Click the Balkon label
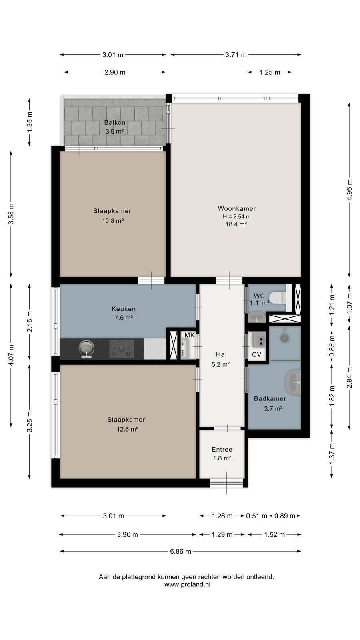coord(114,122)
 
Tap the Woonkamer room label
coord(236,208)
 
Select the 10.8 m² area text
coord(113,221)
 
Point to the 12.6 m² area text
coord(127,429)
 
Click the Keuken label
coord(124,309)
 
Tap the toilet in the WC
coord(278,298)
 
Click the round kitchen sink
coord(86,348)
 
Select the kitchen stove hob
coord(122,349)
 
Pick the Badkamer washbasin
coord(294,382)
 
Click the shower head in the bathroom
coord(284,338)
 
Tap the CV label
coord(256,354)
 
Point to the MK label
coord(190,335)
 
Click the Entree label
coord(222,450)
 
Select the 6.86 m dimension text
coord(180,552)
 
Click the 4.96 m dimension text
coord(349,190)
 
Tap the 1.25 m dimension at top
coord(270,72)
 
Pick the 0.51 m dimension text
coord(256,516)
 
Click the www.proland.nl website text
coord(187,584)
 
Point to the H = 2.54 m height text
coord(236,216)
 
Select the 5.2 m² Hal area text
coord(220,364)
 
